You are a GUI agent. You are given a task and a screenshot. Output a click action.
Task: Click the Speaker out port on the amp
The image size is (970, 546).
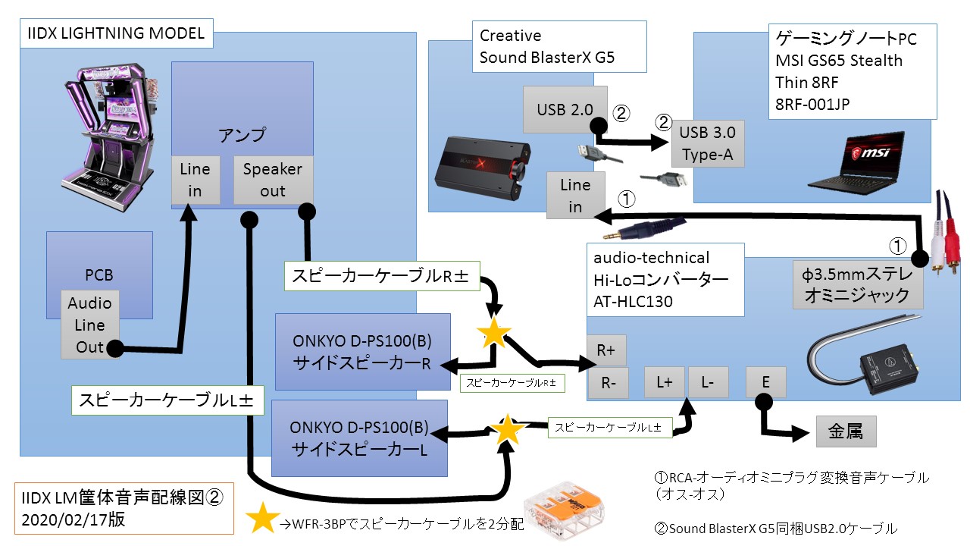[273, 180]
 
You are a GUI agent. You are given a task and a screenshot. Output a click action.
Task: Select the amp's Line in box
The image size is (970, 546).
[195, 180]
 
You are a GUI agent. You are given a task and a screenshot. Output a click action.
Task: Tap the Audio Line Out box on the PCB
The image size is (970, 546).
[89, 325]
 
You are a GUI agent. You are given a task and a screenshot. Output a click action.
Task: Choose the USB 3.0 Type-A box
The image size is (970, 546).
[708, 144]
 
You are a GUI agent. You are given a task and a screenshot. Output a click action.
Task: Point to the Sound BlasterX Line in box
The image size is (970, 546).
[575, 195]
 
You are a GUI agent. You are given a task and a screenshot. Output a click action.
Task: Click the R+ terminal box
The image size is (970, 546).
[606, 350]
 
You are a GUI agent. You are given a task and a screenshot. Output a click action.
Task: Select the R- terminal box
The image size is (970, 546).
[608, 384]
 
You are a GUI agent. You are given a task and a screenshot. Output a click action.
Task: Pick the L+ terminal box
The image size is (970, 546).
[665, 382]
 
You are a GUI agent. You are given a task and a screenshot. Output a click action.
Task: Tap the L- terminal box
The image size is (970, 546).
[708, 382]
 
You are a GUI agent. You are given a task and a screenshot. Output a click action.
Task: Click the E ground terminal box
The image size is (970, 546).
[765, 382]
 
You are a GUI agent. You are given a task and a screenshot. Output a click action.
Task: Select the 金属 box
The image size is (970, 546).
[846, 431]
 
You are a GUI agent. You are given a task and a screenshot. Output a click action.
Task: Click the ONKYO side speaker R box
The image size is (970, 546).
[362, 352]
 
